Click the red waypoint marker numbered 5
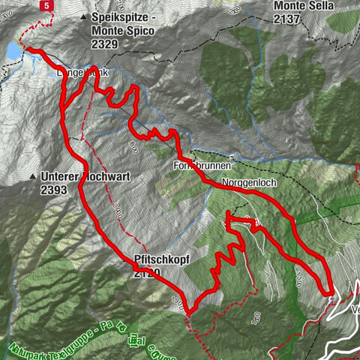point(48,5)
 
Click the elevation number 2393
point(54,190)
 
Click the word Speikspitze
point(119,16)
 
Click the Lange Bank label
point(79,73)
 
